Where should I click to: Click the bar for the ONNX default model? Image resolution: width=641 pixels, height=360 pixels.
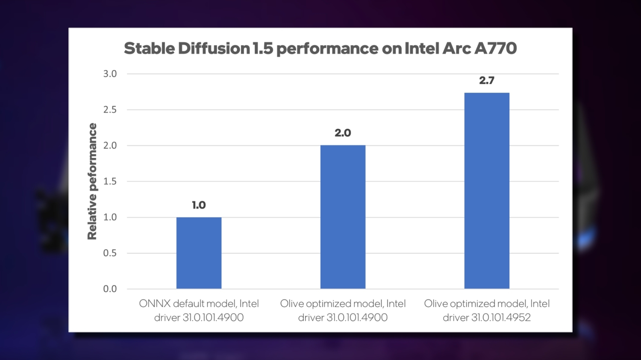(199, 253)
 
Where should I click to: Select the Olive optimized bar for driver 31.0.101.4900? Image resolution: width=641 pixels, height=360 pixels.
(343, 217)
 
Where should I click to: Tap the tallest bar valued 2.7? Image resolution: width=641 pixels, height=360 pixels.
(487, 190)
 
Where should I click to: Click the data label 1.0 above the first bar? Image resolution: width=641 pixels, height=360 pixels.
(199, 205)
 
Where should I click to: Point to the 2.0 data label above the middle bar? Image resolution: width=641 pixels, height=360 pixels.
(343, 133)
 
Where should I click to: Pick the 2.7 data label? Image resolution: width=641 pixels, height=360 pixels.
(487, 80)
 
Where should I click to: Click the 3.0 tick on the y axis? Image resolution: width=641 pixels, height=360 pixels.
(110, 74)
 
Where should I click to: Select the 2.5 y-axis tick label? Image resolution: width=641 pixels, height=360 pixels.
(110, 110)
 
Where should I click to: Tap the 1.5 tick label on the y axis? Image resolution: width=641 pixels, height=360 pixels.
(110, 181)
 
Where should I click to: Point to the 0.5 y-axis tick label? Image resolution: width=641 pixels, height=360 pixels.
(110, 253)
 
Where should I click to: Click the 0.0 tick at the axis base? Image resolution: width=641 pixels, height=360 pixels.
(110, 289)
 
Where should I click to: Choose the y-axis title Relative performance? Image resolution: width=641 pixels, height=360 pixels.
(92, 181)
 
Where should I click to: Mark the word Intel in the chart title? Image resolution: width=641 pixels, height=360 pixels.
(421, 49)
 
